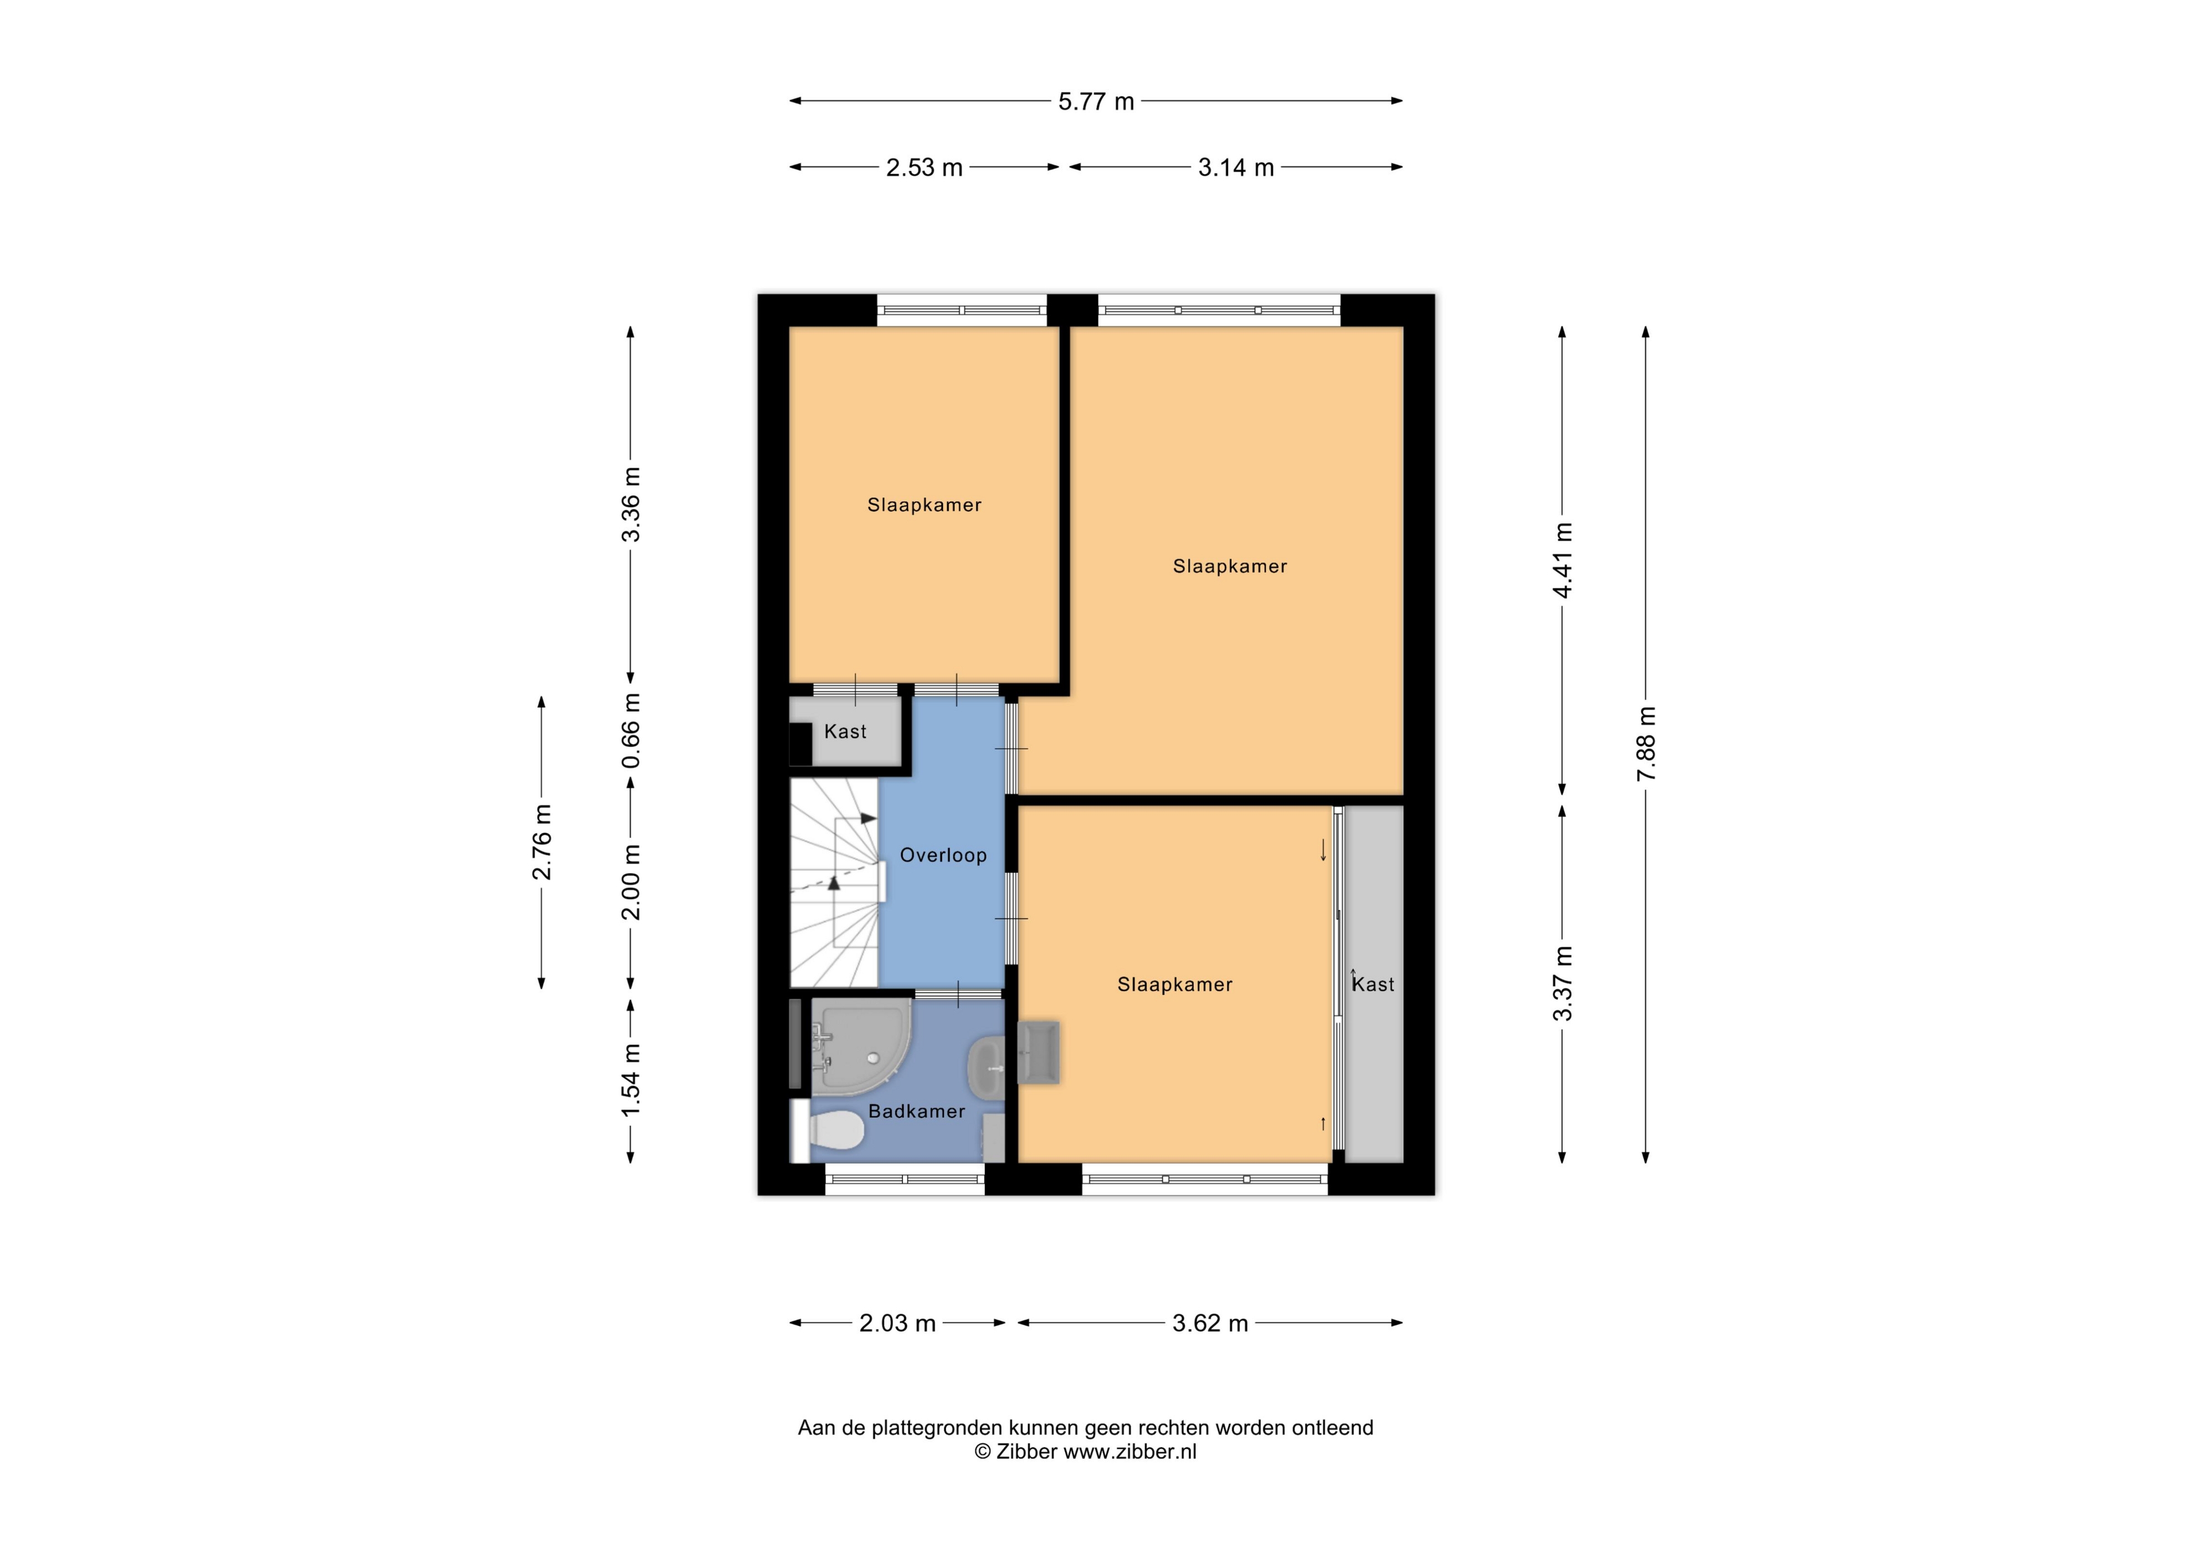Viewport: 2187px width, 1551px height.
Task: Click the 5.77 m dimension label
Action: coord(1095,101)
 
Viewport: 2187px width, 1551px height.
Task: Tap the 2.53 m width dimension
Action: coord(923,167)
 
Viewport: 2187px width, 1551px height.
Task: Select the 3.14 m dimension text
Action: coord(1236,167)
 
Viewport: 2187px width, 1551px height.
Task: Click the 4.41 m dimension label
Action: coord(1562,561)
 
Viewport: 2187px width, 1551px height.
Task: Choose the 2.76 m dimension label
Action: coord(542,843)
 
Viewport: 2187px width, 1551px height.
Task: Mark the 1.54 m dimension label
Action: coord(630,1080)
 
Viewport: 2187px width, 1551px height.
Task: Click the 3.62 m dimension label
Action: coord(1210,1323)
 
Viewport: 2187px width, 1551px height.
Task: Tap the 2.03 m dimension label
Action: coord(897,1323)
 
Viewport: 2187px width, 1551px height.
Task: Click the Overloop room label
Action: coord(943,855)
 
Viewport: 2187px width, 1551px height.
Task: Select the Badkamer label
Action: coord(916,1111)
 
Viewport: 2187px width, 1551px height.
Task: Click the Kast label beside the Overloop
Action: coord(845,732)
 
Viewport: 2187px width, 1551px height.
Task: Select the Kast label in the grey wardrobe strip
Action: coord(1373,984)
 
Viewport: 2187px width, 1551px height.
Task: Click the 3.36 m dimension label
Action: coord(630,504)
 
